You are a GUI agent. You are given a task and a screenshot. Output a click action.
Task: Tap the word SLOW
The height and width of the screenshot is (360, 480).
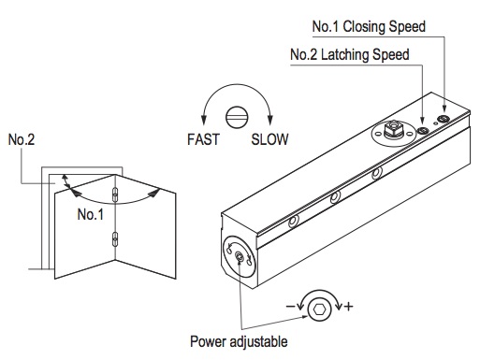(x=269, y=141)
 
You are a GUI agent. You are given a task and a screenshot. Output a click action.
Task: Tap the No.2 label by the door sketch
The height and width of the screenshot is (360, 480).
(x=21, y=140)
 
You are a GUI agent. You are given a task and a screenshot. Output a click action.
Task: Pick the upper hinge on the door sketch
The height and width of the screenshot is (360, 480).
(x=115, y=195)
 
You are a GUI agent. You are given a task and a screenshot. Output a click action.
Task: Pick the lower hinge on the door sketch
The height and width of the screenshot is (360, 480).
(x=115, y=238)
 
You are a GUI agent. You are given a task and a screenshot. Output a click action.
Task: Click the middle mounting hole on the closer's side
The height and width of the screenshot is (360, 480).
(x=335, y=197)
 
